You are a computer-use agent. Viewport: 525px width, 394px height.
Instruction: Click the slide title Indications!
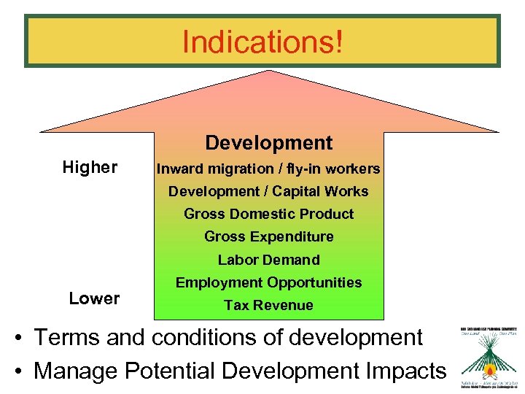[262, 42]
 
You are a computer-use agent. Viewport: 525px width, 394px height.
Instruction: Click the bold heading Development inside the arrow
[268, 143]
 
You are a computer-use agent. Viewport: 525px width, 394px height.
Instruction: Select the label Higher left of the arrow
[90, 168]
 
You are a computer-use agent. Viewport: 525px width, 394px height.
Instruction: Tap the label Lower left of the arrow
[94, 298]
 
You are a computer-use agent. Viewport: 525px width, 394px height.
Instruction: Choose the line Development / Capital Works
[268, 192]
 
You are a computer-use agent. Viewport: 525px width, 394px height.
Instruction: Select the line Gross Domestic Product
[268, 215]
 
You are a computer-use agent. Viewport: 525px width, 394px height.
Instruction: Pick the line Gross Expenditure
[268, 237]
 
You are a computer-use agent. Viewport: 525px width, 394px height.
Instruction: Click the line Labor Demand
[268, 260]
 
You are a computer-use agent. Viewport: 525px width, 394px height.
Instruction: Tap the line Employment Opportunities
[268, 282]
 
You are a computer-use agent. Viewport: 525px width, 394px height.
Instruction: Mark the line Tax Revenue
[268, 306]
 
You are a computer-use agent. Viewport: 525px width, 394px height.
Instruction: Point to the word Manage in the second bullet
[76, 371]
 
